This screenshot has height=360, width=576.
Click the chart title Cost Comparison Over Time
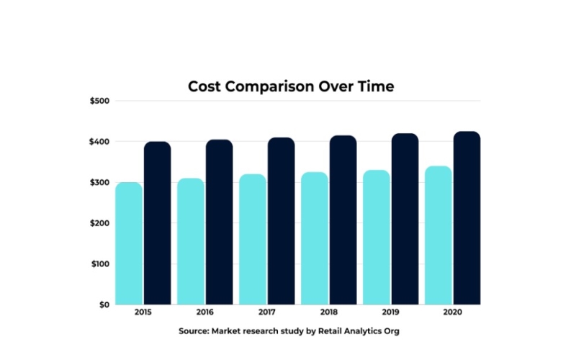pos(291,86)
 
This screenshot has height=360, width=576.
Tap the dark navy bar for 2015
pos(157,223)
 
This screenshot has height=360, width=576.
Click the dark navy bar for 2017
pos(281,221)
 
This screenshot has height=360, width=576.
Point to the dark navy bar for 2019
pos(405,219)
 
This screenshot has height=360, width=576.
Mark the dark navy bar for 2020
pos(467,218)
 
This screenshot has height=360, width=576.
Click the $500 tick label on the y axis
pos(99,101)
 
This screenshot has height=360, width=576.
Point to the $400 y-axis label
pos(99,142)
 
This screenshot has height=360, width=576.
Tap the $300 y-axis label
pos(99,182)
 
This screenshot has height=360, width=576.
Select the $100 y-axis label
pos(99,264)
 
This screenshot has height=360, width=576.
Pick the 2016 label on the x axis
pos(205,313)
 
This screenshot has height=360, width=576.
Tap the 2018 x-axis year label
pos(329,313)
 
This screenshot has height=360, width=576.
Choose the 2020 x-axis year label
pos(453,313)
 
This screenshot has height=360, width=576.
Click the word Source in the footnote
pos(194,331)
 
